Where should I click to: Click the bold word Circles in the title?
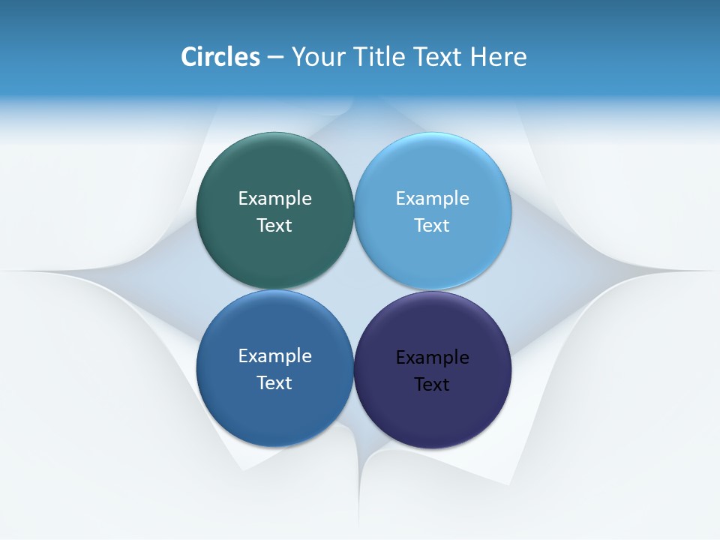pyautogui.click(x=220, y=57)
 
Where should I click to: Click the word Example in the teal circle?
pyautogui.click(x=274, y=198)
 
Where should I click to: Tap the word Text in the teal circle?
pyautogui.click(x=274, y=225)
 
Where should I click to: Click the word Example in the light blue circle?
pyautogui.click(x=433, y=198)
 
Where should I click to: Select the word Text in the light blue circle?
pyautogui.click(x=433, y=225)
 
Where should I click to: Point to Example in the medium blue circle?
pyautogui.click(x=274, y=355)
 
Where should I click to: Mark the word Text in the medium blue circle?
pyautogui.click(x=274, y=382)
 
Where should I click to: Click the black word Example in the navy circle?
pyautogui.click(x=433, y=357)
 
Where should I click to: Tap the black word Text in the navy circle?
pyautogui.click(x=433, y=384)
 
